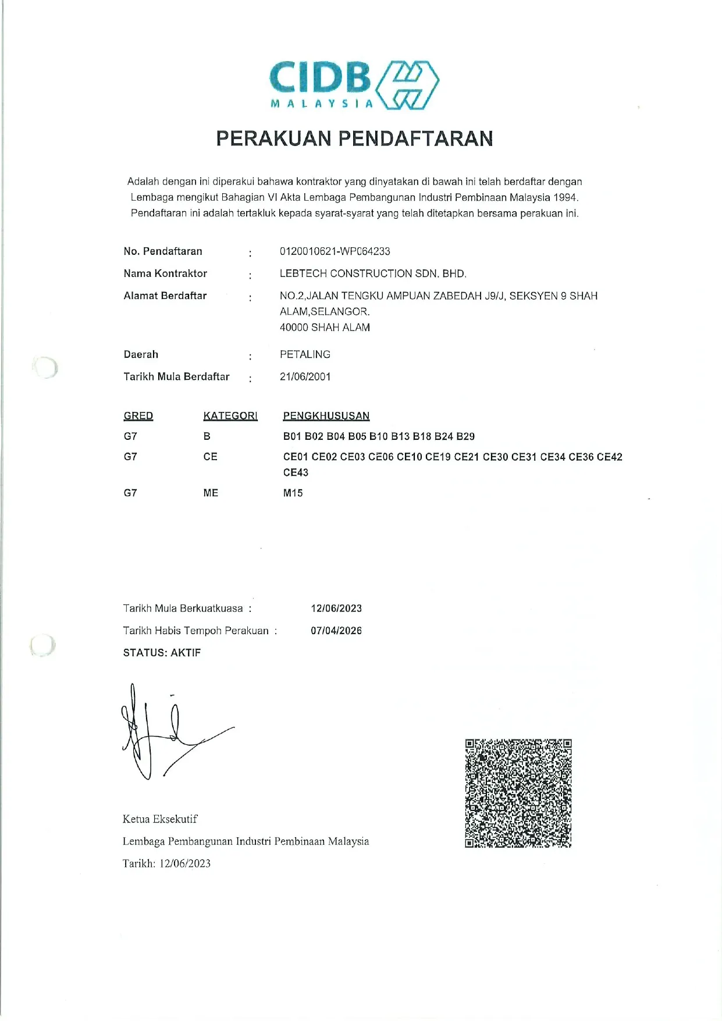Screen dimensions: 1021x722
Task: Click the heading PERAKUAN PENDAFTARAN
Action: (354, 138)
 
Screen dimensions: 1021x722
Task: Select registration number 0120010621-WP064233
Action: (335, 251)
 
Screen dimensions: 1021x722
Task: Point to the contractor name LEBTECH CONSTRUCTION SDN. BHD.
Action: (373, 273)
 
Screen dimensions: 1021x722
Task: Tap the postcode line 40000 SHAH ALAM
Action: (325, 328)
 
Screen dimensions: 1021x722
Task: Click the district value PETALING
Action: (305, 354)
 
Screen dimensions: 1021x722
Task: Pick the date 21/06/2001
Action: (305, 376)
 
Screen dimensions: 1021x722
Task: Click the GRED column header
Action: (138, 416)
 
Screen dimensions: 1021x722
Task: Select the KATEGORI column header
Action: (230, 416)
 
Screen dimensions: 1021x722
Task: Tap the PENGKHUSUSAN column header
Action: (326, 416)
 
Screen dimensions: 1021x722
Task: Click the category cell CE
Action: (210, 457)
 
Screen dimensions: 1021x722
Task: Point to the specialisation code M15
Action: (293, 493)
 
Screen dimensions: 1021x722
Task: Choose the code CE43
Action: (296, 473)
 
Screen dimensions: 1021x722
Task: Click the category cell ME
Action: (211, 493)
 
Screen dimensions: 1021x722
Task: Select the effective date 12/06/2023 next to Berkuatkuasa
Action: (336, 609)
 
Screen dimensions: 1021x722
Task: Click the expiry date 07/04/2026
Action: (336, 631)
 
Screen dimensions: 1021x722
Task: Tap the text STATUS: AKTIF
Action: (162, 653)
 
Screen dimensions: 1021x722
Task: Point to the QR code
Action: (518, 793)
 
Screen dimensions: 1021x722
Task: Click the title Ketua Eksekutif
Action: (160, 819)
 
